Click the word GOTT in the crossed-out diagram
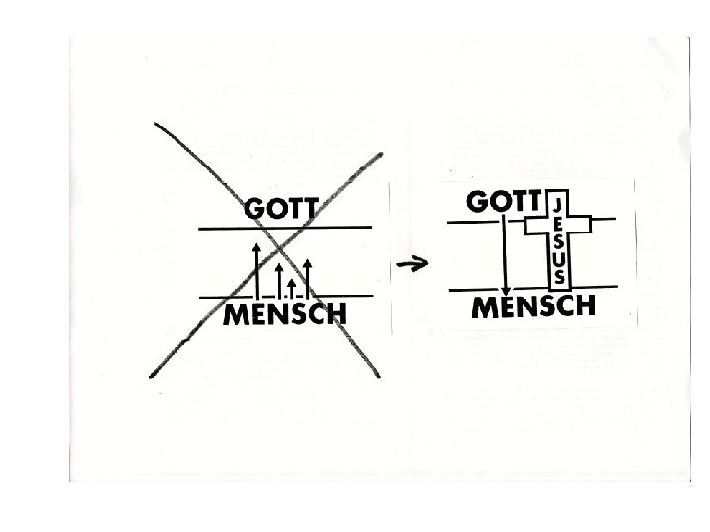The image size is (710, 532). pyautogui.click(x=281, y=210)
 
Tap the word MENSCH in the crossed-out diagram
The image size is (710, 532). pyautogui.click(x=285, y=315)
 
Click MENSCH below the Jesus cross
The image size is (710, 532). pyautogui.click(x=535, y=306)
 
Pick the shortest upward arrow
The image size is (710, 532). pyautogui.click(x=292, y=287)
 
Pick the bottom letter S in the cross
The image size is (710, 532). pyautogui.click(x=558, y=275)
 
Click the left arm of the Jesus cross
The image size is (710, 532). pyautogui.click(x=533, y=226)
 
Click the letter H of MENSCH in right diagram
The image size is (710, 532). pyautogui.click(x=584, y=306)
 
